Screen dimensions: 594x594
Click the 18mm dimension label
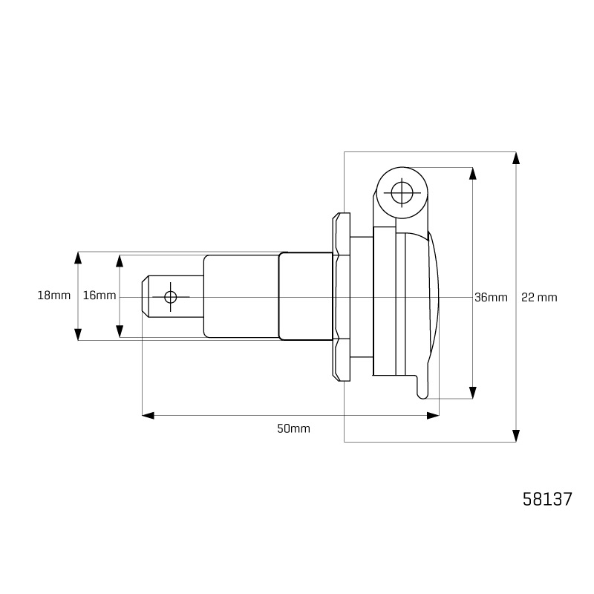pos(53,296)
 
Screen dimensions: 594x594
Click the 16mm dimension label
pos(99,296)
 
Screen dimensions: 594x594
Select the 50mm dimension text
pos(293,428)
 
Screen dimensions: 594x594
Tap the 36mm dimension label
pos(491,298)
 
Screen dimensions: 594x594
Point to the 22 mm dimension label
pos(539,298)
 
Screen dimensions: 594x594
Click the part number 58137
pos(547,499)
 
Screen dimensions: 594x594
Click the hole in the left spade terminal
pos(171,297)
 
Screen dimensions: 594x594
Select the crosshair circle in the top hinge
pos(402,193)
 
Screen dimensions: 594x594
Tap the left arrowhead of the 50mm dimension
pos(148,415)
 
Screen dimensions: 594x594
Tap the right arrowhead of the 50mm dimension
pos(433,415)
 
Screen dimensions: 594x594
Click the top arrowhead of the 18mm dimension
pos(78,258)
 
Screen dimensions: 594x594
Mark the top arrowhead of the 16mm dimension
pos(119,261)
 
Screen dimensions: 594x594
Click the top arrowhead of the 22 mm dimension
pos(516,158)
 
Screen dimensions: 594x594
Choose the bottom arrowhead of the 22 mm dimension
pos(516,435)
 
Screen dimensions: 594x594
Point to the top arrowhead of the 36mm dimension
pos(472,173)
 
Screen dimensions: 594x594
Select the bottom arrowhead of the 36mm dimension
pos(472,392)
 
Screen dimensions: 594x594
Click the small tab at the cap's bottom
pos(422,387)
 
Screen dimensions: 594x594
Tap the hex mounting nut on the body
pos(342,297)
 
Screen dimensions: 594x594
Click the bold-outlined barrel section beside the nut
pos(305,296)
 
